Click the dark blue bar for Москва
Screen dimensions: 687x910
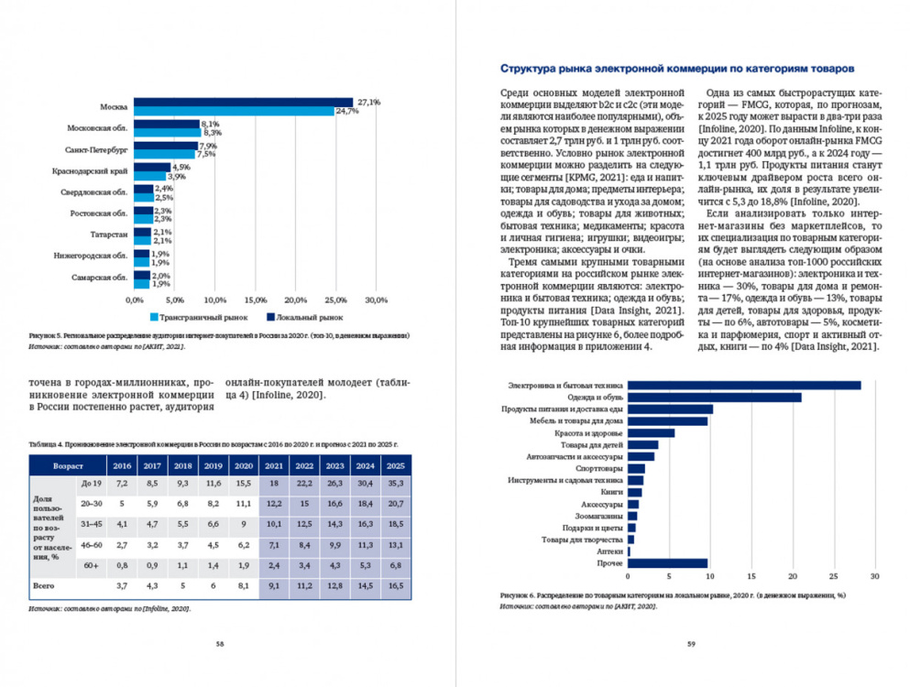243,102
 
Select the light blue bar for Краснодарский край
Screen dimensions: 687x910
148,177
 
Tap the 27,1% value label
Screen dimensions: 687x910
368,102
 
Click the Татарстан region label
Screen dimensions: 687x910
107,234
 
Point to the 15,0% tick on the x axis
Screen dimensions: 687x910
254,300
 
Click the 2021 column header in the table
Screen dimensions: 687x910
274,465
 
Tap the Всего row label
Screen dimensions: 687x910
40,583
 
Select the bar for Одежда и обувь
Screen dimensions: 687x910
714,397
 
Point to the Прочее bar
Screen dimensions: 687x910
667,563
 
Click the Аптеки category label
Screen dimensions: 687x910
609,551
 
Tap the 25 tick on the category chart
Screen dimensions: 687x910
833,577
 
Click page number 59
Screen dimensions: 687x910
692,643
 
